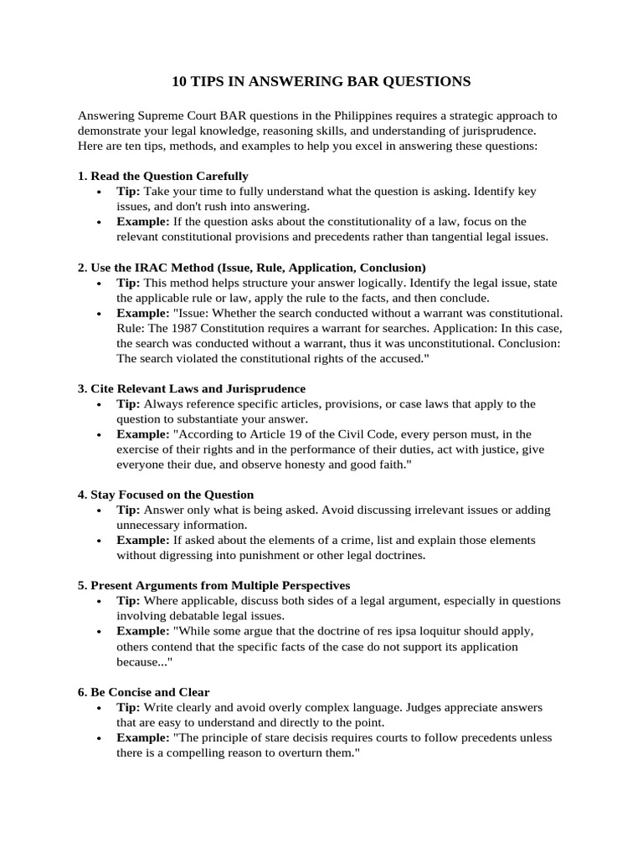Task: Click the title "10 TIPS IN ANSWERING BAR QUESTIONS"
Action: (x=321, y=81)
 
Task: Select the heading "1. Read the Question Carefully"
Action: (x=163, y=176)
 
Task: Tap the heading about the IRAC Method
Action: (x=252, y=267)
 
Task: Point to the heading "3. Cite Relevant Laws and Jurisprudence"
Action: (x=192, y=388)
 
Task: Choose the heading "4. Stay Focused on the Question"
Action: (x=166, y=495)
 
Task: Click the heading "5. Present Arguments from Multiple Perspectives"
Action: (x=214, y=585)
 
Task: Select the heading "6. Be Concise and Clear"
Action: (x=144, y=692)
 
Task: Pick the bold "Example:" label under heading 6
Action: (x=143, y=738)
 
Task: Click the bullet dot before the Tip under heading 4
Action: (x=99, y=511)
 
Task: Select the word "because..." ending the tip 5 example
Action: (x=143, y=661)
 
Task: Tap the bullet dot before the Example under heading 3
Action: (x=99, y=435)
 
